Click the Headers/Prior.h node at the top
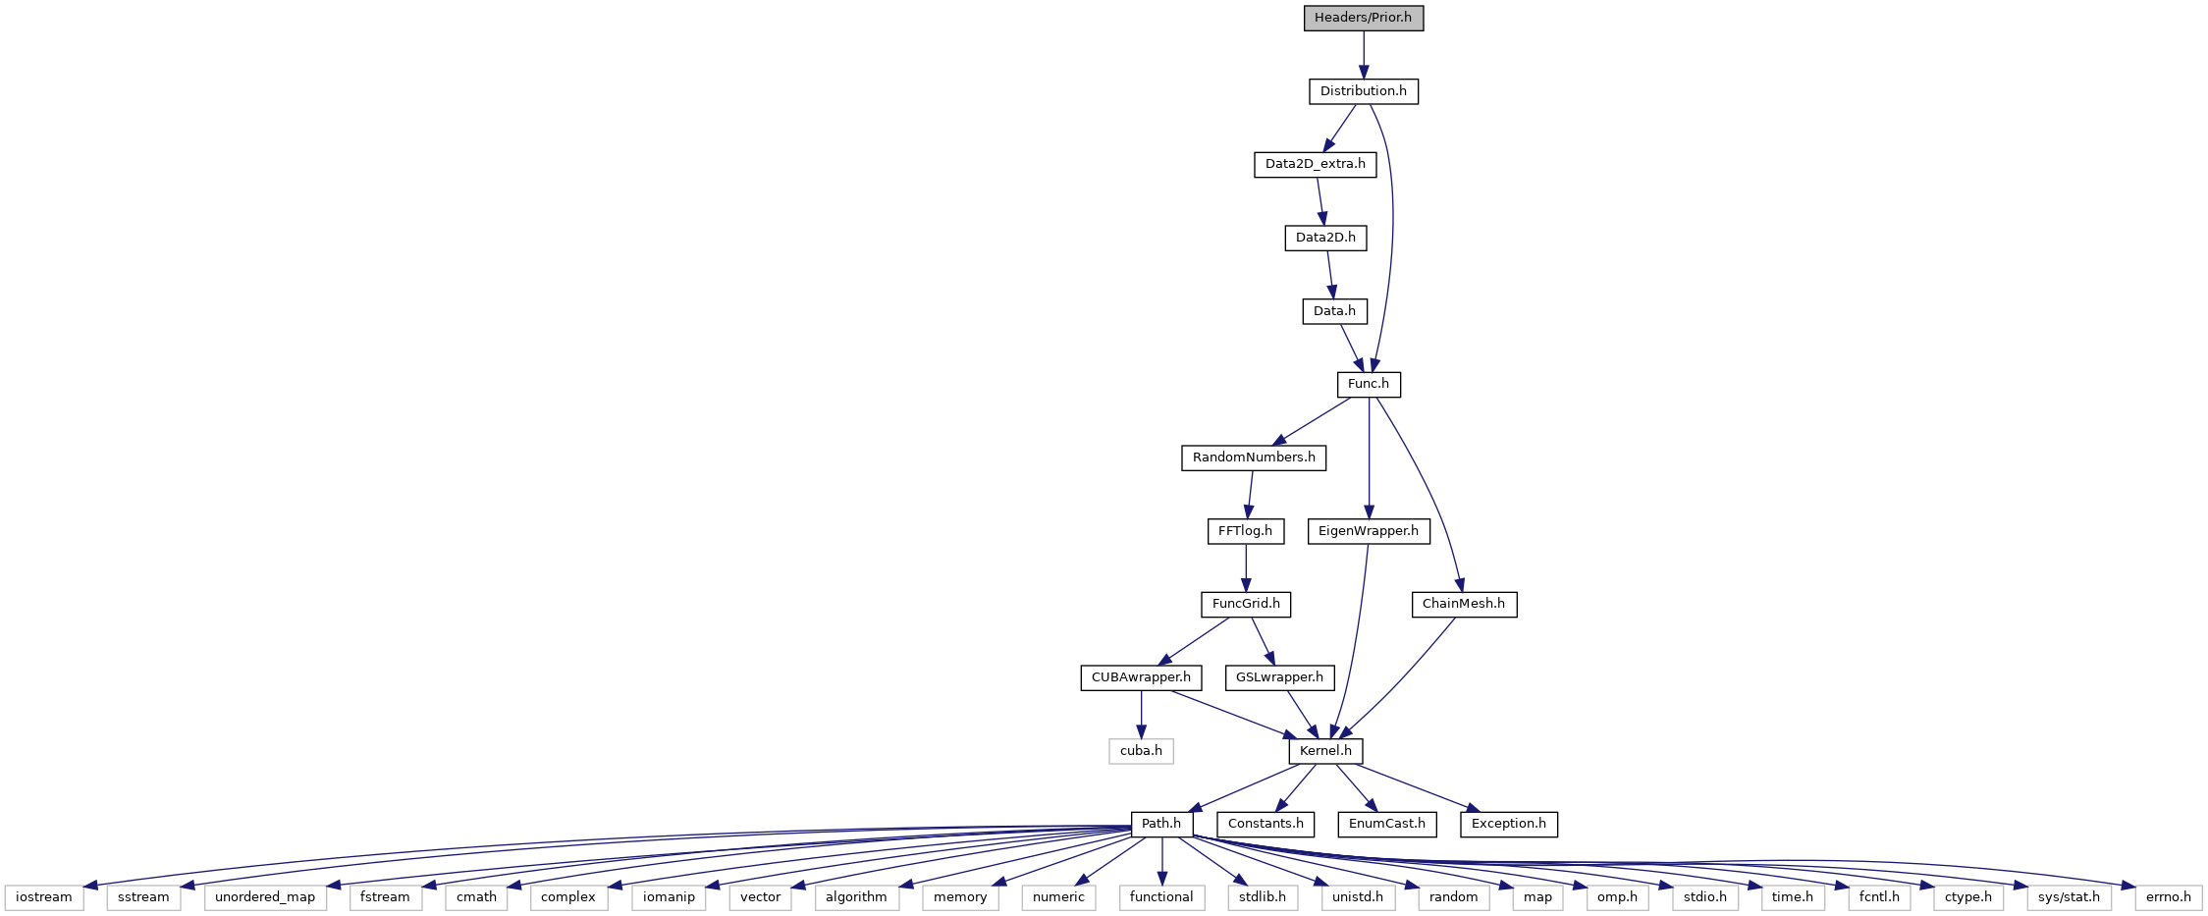point(1363,18)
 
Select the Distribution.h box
point(1363,91)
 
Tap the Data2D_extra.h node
point(1315,164)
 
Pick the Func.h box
point(1369,384)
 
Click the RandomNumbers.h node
point(1253,458)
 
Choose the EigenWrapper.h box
point(1368,531)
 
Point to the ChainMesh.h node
point(1463,604)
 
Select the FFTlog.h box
point(1245,531)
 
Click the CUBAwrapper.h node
point(1141,677)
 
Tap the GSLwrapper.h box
point(1279,677)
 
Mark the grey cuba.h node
point(1141,751)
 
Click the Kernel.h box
point(1325,751)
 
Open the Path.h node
point(1161,824)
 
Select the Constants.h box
point(1266,824)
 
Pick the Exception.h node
point(1508,824)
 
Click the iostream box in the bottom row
point(44,897)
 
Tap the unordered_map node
point(265,897)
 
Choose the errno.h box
point(2168,897)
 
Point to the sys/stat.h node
point(2069,897)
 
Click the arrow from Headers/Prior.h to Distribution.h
point(1363,55)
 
